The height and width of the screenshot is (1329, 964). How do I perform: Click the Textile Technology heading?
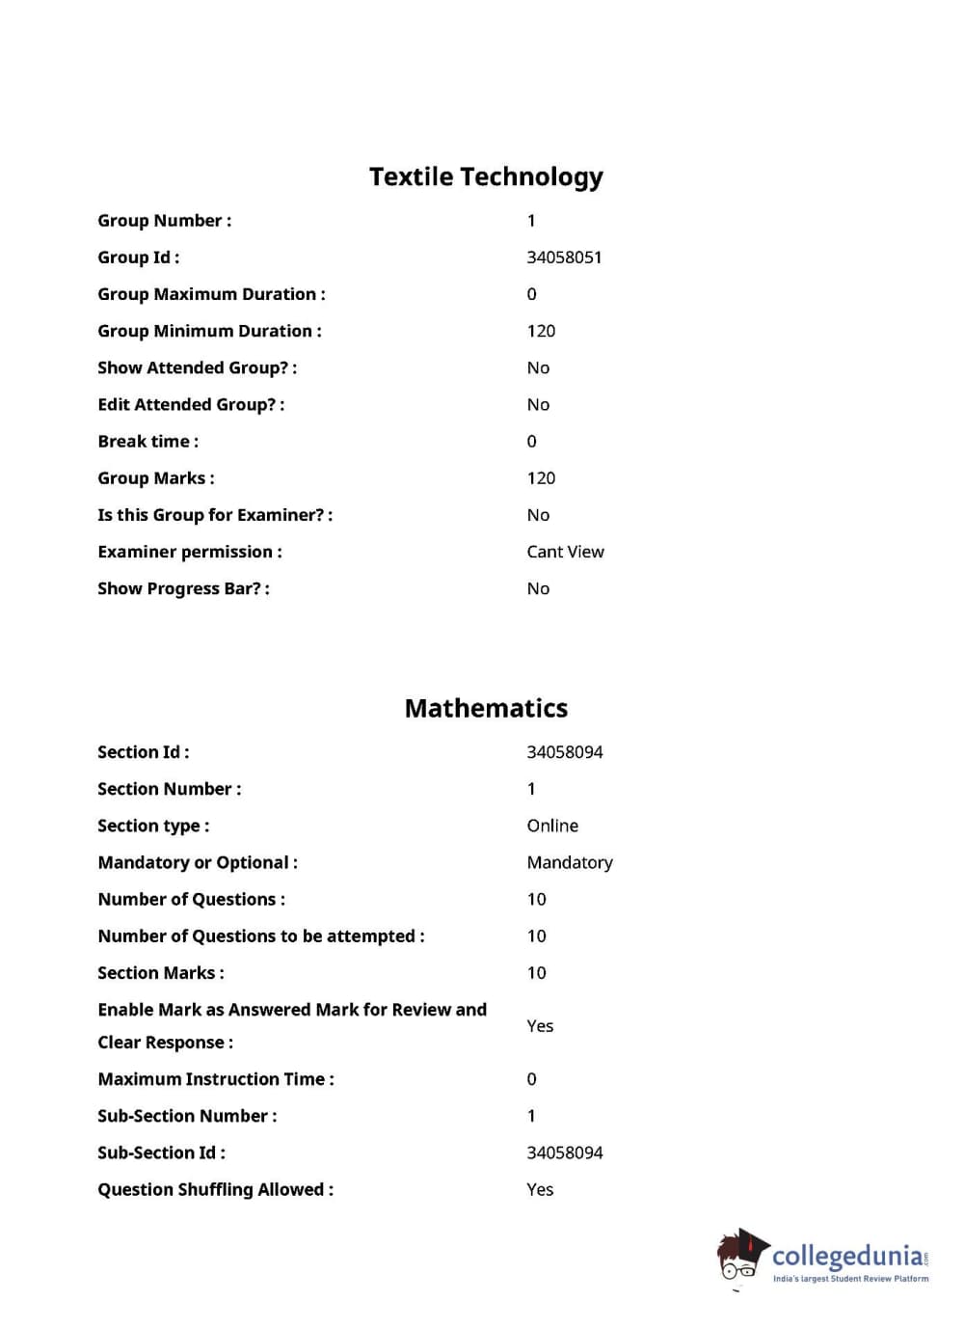point(486,177)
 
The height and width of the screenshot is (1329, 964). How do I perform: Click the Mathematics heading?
point(486,709)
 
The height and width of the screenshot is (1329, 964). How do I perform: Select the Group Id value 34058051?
point(564,258)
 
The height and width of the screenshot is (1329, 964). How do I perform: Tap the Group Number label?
point(164,221)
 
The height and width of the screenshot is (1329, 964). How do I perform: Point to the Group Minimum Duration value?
point(541,332)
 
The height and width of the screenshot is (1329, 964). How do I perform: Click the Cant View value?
point(565,552)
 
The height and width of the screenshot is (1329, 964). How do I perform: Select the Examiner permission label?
point(189,552)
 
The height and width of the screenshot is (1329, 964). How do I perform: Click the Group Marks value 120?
point(541,478)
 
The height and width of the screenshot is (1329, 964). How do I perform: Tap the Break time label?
point(147,442)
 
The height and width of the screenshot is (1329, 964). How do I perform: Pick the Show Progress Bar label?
point(183,589)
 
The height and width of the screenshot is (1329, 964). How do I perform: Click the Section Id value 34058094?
point(564,752)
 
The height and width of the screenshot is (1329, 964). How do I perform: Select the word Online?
point(552,826)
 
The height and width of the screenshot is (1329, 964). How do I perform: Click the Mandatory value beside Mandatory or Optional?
point(569,863)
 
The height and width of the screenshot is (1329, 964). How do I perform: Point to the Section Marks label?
point(160,973)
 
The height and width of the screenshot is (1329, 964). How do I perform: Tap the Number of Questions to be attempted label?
point(260,936)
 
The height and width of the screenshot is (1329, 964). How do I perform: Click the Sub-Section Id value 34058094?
point(564,1153)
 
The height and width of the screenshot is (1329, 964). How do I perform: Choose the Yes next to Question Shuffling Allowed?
point(540,1190)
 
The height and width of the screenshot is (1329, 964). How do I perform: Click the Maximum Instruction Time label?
point(215,1079)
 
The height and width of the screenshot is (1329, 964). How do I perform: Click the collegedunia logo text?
point(848,1256)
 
